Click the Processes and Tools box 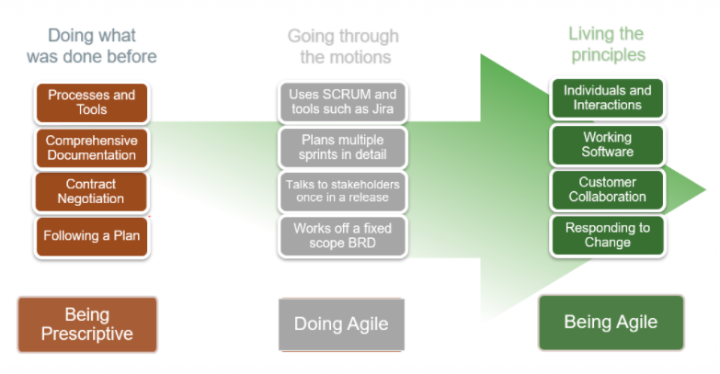click(91, 102)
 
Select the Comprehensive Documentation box click(91, 148)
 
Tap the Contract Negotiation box click(91, 191)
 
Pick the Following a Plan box click(91, 236)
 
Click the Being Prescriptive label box click(86, 323)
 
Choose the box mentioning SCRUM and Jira click(342, 102)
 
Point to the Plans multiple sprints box click(342, 146)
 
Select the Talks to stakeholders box click(342, 191)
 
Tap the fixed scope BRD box click(342, 235)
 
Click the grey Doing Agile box click(340, 323)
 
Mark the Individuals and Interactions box click(607, 97)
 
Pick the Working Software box click(607, 144)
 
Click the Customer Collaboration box click(607, 189)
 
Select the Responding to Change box click(607, 235)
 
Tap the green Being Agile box click(611, 322)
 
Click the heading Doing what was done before click(91, 46)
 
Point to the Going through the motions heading click(343, 47)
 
